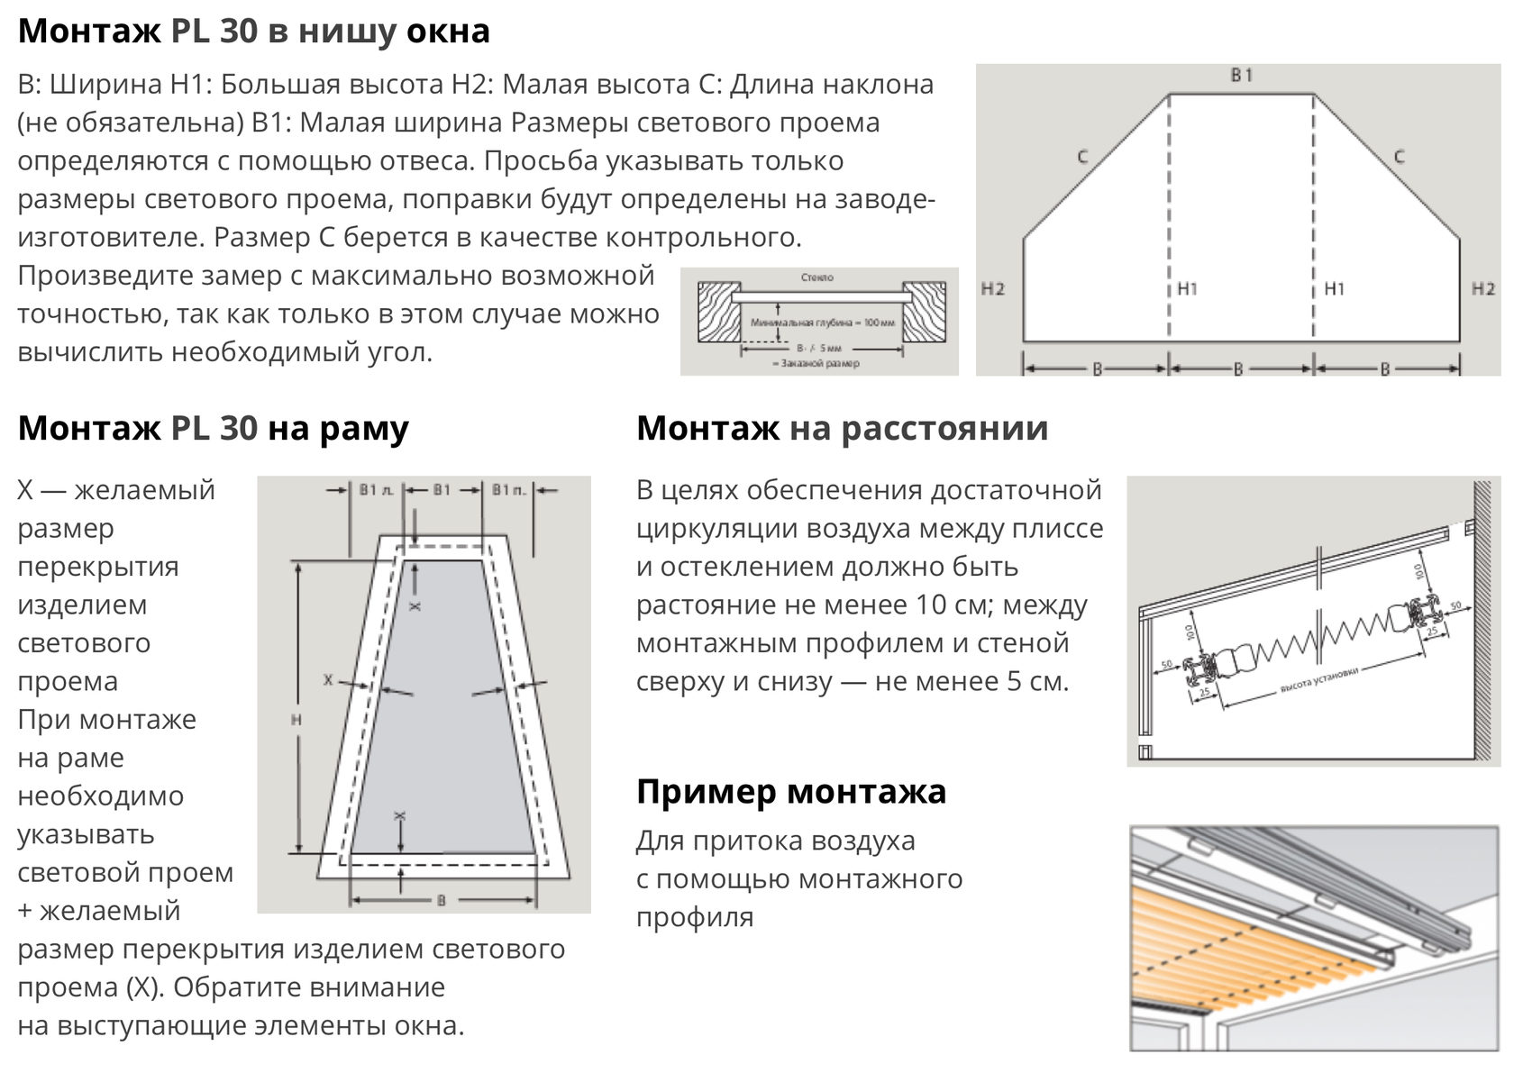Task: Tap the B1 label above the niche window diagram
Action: point(1241,76)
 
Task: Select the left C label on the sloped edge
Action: point(1082,158)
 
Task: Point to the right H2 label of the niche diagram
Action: point(1482,289)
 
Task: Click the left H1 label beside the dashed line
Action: point(1188,289)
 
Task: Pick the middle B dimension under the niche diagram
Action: point(1238,368)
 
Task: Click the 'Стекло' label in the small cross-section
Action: point(817,278)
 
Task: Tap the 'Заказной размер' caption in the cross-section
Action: point(816,363)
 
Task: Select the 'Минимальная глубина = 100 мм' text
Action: point(823,322)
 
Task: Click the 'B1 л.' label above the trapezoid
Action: point(376,490)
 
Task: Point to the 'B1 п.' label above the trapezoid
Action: point(509,490)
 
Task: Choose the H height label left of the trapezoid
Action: point(296,720)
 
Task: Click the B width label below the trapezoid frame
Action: point(442,899)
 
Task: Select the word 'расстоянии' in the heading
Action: point(945,429)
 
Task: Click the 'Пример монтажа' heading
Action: point(790,792)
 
